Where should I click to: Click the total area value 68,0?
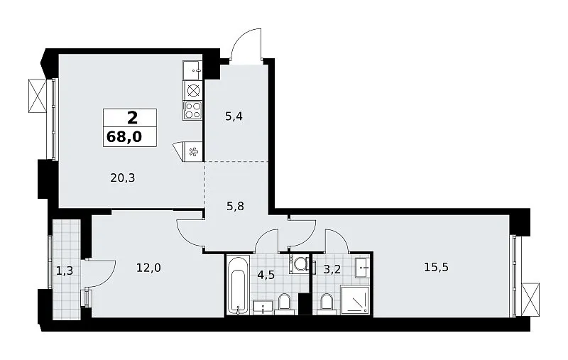(x=124, y=137)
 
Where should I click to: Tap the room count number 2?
(x=132, y=118)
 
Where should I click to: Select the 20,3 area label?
(x=123, y=178)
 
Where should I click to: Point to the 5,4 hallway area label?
(x=234, y=116)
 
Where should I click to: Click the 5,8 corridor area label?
(x=235, y=207)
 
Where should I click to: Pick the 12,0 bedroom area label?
(x=148, y=268)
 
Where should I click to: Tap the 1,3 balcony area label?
(x=65, y=271)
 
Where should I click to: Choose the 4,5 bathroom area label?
(x=266, y=275)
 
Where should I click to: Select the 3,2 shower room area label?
(x=332, y=271)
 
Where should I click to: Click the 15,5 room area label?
(x=436, y=267)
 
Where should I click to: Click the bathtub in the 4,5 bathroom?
(x=239, y=285)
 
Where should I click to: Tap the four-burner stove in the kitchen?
(x=192, y=111)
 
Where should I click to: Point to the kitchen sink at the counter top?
(x=192, y=70)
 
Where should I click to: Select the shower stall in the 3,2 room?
(x=356, y=300)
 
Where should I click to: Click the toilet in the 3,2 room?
(x=327, y=302)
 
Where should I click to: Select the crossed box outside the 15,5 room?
(x=530, y=299)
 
